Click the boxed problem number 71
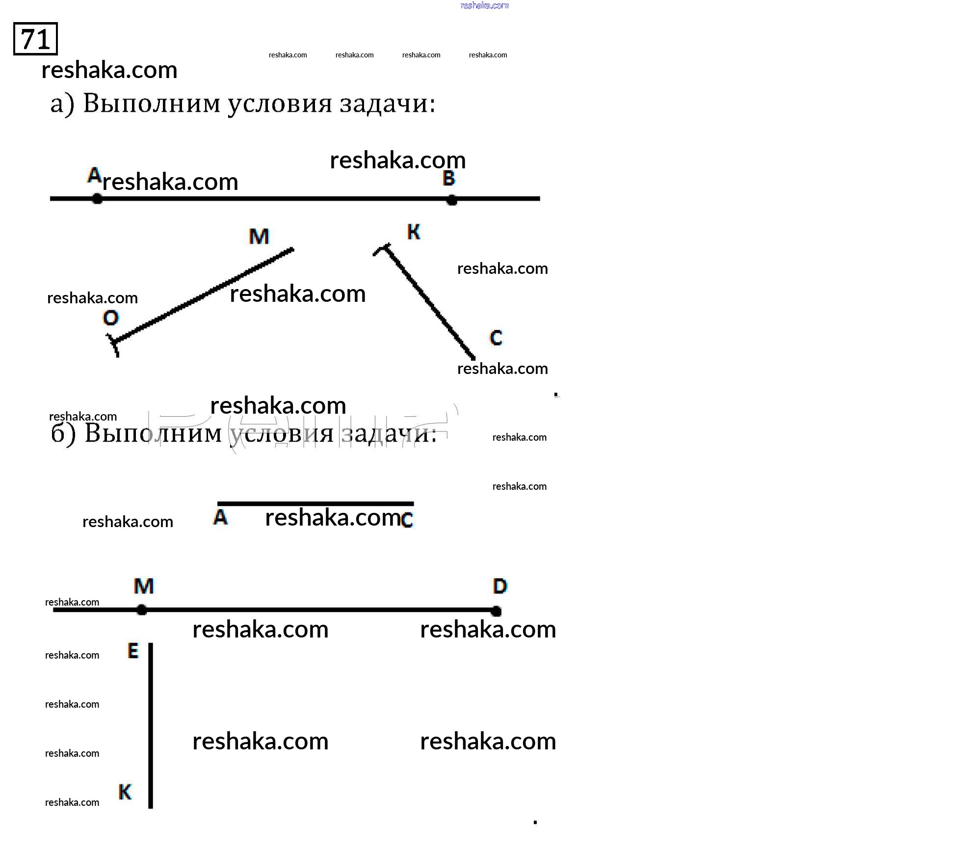[35, 39]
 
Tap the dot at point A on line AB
[97, 199]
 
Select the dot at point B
[452, 200]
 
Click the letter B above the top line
[448, 178]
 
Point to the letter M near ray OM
[259, 237]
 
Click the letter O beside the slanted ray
[111, 318]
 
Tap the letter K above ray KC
[414, 232]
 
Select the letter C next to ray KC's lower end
[496, 338]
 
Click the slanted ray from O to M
[204, 294]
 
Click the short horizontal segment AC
[315, 504]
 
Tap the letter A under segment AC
[220, 517]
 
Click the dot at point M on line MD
[142, 610]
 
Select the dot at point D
[496, 611]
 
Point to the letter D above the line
[500, 586]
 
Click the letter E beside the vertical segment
[133, 651]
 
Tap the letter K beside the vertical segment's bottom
[125, 792]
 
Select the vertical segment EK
[151, 726]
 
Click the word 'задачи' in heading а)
[387, 104]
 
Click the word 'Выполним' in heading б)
[153, 433]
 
